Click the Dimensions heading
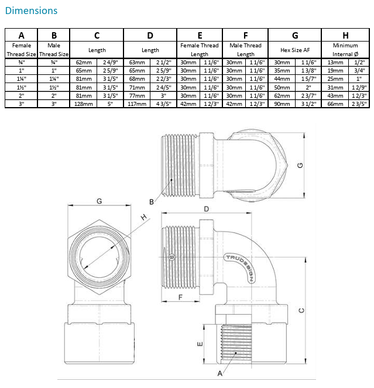coord(32,11)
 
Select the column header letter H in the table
coord(345,35)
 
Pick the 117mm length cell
coord(137,104)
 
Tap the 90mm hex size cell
coord(282,104)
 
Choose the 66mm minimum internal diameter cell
coord(335,104)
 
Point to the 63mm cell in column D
coord(137,61)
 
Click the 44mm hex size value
coord(282,78)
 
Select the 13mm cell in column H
coord(335,61)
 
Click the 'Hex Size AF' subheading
coord(295,50)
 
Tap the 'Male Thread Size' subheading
coord(54,50)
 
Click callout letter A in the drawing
coord(220,372)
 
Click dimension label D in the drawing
coord(207,209)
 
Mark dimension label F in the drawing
coord(180,297)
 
